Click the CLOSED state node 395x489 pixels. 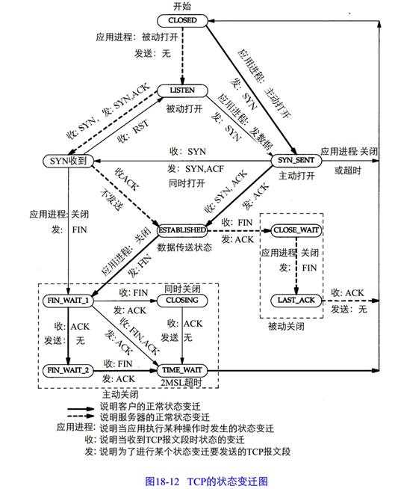point(183,20)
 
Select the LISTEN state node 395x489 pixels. point(182,90)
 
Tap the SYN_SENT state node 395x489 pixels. point(296,162)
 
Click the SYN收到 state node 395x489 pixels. point(66,162)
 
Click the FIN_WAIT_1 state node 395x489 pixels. point(69,300)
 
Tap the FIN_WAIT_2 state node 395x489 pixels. point(69,369)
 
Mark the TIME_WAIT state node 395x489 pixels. point(182,369)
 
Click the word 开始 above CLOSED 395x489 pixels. point(183,6)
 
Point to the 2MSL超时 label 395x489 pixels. point(182,383)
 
